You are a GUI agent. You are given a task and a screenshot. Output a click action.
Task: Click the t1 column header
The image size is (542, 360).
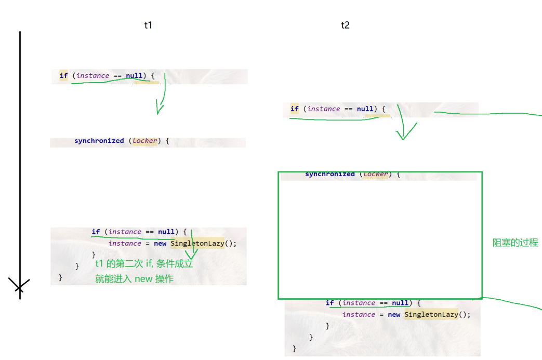[148, 25]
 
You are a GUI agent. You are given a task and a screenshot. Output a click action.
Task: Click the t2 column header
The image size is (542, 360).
[345, 25]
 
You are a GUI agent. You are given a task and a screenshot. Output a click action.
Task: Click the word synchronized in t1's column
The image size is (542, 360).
[99, 141]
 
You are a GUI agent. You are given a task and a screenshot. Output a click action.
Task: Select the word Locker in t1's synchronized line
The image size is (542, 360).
[144, 141]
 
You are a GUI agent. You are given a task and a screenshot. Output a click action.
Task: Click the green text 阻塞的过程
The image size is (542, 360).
[515, 243]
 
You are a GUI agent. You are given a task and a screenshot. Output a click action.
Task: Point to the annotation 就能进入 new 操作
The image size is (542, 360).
[134, 279]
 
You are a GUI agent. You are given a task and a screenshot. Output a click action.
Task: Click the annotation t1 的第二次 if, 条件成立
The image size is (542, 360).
[144, 264]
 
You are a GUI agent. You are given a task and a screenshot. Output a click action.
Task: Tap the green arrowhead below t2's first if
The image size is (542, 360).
[402, 136]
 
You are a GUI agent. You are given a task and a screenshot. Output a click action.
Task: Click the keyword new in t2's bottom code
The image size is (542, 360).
[394, 314]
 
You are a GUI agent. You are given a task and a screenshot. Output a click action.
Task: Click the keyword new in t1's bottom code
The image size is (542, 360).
[160, 243]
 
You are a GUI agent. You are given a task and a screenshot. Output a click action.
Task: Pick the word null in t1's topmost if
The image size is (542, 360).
[134, 76]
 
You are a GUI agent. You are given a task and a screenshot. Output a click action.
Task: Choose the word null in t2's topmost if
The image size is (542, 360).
[365, 109]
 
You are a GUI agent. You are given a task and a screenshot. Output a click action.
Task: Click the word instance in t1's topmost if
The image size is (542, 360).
[92, 76]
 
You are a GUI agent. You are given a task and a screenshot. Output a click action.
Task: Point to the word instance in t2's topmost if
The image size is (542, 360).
[323, 109]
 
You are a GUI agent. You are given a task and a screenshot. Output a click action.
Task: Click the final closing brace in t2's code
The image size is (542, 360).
[295, 348]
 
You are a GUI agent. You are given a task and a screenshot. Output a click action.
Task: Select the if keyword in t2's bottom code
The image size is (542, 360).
[329, 303]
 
